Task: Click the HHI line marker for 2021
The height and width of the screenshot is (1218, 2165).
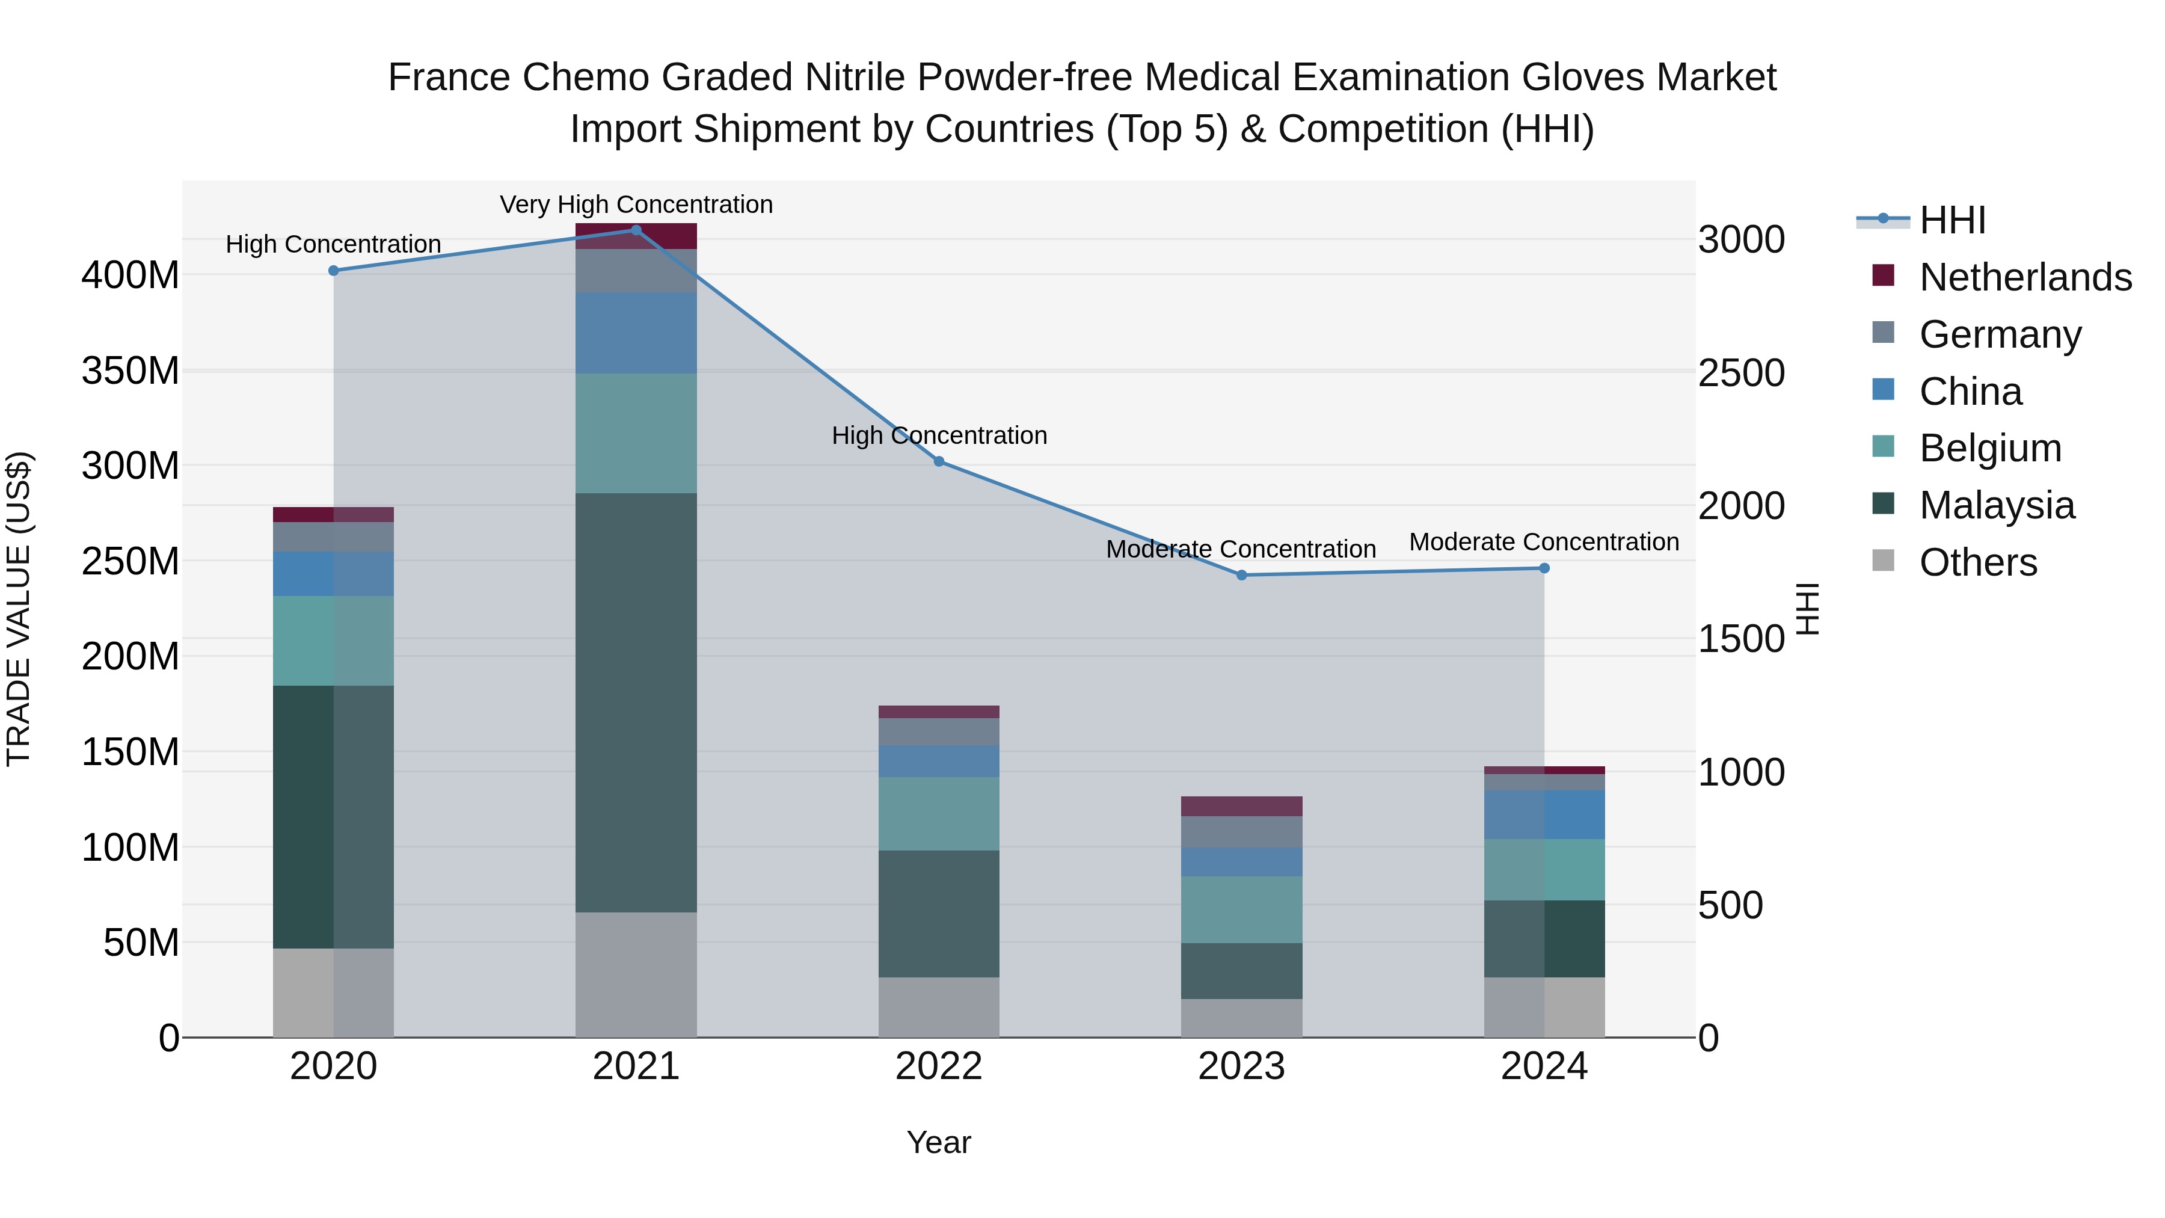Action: click(636, 230)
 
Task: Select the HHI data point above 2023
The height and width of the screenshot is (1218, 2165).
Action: click(1241, 575)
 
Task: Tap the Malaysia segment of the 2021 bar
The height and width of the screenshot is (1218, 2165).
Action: click(636, 702)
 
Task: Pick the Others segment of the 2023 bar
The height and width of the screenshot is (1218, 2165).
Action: click(1241, 1017)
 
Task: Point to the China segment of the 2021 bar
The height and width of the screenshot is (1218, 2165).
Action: click(636, 333)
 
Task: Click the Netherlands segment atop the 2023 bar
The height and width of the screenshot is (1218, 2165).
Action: click(1241, 806)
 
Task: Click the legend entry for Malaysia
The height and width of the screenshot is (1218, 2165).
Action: click(1996, 505)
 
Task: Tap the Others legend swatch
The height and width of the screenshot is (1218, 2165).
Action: click(1884, 561)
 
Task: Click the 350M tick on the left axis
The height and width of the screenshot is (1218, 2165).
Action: click(131, 371)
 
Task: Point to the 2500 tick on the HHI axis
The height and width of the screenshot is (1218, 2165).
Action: click(1740, 373)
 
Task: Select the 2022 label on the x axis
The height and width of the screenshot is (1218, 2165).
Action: click(939, 1066)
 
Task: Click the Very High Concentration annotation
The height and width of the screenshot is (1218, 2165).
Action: click(636, 205)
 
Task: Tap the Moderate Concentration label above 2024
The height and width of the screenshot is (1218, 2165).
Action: click(1544, 542)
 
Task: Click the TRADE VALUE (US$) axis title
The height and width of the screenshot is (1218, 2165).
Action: click(19, 609)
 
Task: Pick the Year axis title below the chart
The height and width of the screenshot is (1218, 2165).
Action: click(939, 1142)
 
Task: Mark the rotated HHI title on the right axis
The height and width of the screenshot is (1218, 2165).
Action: click(1808, 609)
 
